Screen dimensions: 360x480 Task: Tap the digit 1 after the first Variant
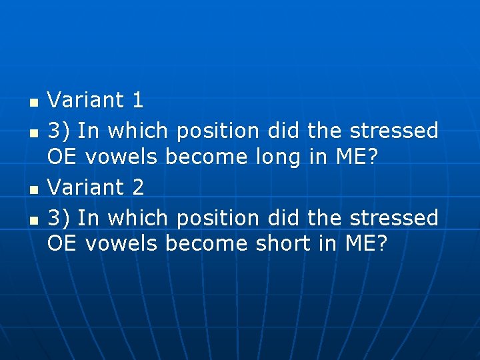pos(137,101)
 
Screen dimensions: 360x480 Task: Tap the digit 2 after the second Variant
pos(137,187)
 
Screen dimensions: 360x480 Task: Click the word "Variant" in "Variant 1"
pos(86,101)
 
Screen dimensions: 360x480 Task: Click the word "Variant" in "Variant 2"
pos(86,187)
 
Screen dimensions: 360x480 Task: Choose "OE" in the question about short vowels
pos(61,244)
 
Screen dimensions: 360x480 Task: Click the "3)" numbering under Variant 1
pos(59,131)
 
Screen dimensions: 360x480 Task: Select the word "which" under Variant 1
pos(137,130)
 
